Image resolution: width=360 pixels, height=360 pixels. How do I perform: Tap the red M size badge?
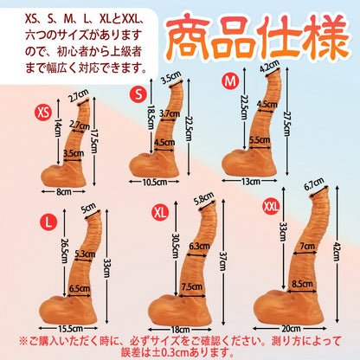[x=229, y=81]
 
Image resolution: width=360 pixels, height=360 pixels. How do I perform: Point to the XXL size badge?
[x=272, y=206]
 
